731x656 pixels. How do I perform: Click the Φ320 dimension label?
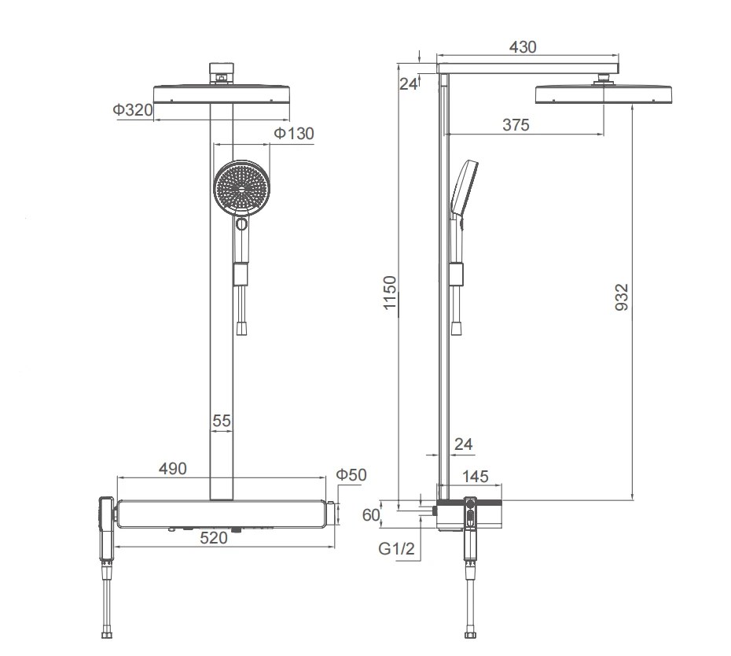pyautogui.click(x=133, y=110)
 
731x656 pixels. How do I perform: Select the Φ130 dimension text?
pyautogui.click(x=294, y=134)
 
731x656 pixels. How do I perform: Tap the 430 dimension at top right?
pyautogui.click(x=523, y=47)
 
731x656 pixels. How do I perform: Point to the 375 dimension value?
pyautogui.click(x=516, y=125)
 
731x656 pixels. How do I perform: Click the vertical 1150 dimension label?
pyautogui.click(x=389, y=293)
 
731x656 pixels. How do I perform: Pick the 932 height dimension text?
pyautogui.click(x=622, y=297)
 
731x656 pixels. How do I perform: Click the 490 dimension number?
pyautogui.click(x=173, y=469)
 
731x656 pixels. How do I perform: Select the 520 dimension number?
pyautogui.click(x=214, y=538)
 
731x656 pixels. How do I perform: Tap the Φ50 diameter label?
pyautogui.click(x=351, y=475)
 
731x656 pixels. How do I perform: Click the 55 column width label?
pyautogui.click(x=222, y=421)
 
